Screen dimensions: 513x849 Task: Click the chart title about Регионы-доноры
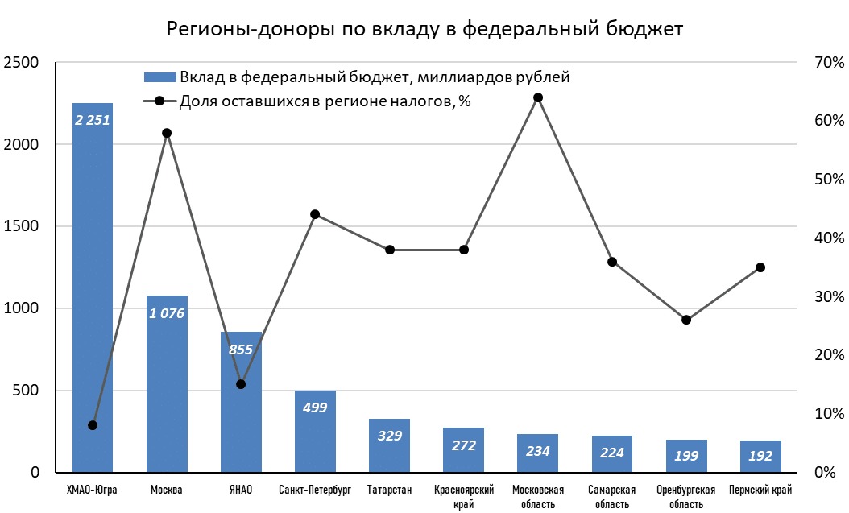pyautogui.click(x=424, y=29)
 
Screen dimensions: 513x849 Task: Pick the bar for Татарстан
pyautogui.click(x=389, y=451)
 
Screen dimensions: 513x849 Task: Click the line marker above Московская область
pyautogui.click(x=538, y=97)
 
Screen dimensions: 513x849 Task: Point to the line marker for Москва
pyautogui.click(x=167, y=133)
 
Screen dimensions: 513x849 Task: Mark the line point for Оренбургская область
pyautogui.click(x=686, y=320)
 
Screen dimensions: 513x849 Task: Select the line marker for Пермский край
pyautogui.click(x=760, y=267)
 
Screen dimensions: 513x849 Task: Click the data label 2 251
pyautogui.click(x=93, y=120)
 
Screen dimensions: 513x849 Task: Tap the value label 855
pyautogui.click(x=241, y=350)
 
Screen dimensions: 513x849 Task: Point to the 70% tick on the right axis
pyautogui.click(x=828, y=62)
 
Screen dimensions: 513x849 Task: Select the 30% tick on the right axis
pyautogui.click(x=828, y=296)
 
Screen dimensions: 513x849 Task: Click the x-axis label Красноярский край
pyautogui.click(x=463, y=496)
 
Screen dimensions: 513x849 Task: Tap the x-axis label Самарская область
pyautogui.click(x=612, y=496)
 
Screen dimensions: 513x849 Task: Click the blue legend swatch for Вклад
pyautogui.click(x=159, y=78)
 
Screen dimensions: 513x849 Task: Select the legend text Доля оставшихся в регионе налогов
pyautogui.click(x=325, y=101)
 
